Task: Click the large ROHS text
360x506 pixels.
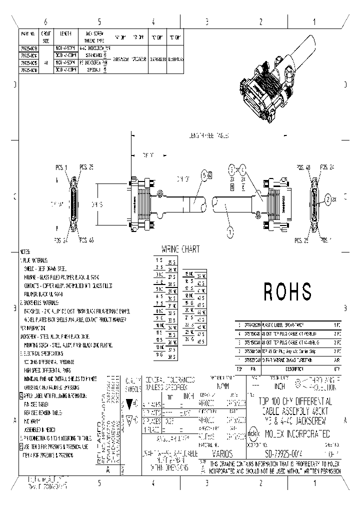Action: [287, 291]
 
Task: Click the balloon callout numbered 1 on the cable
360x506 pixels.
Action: [230, 231]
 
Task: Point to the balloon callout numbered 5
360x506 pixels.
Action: [203, 174]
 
